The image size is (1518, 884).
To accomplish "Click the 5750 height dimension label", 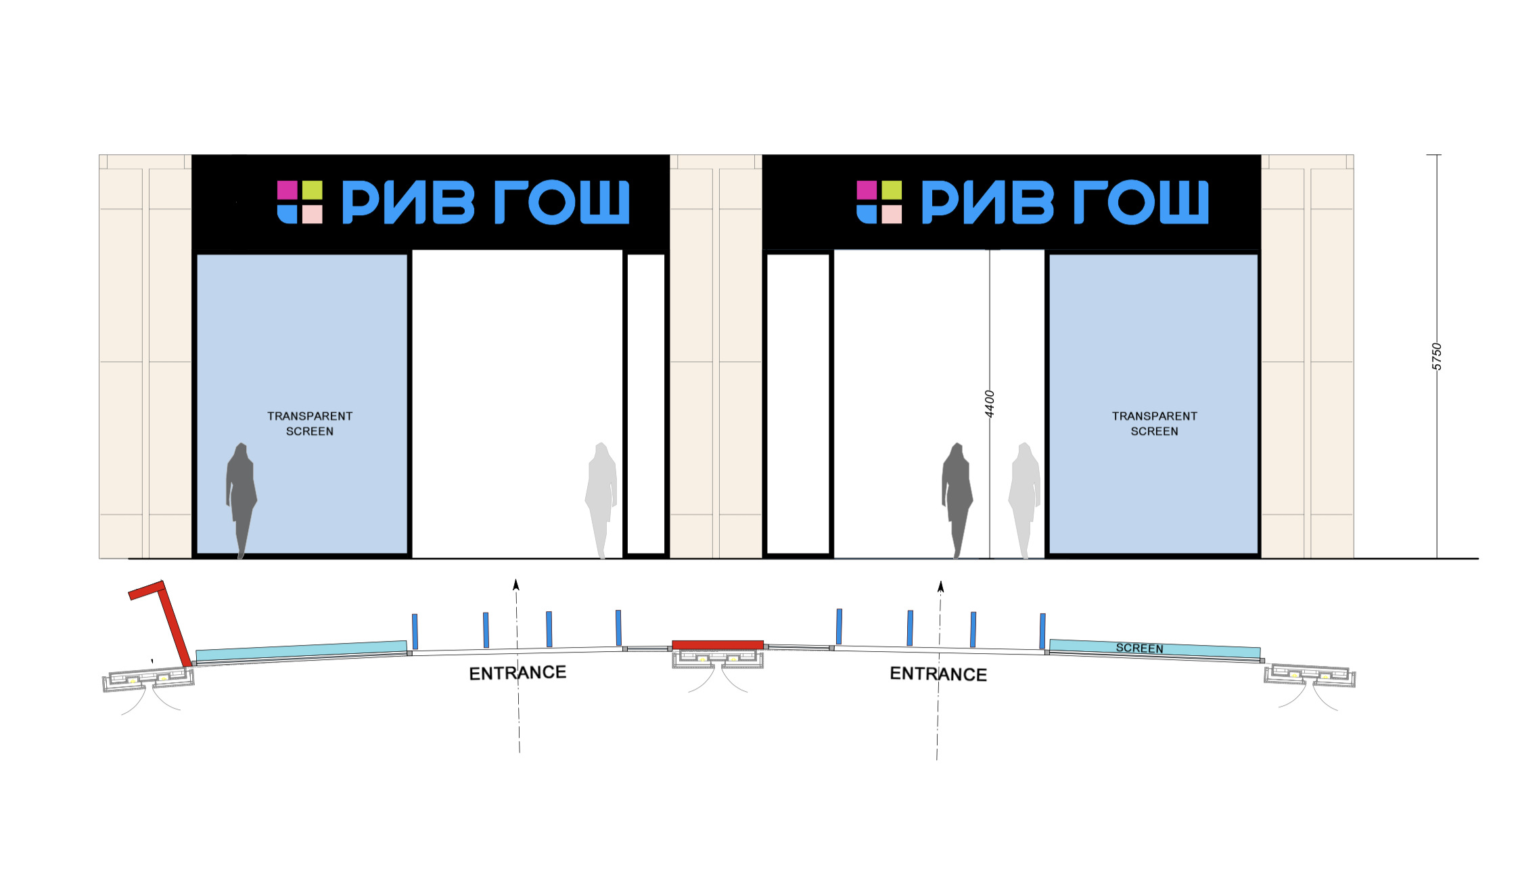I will click(1437, 357).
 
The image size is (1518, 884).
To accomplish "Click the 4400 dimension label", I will click(989, 404).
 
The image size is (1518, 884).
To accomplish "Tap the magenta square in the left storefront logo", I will click(287, 190).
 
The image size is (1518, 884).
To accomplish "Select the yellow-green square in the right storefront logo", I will click(892, 190).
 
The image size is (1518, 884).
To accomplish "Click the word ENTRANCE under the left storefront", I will click(517, 673).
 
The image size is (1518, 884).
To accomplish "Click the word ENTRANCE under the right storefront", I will click(938, 674).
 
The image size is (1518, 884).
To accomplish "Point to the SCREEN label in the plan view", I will click(1139, 648).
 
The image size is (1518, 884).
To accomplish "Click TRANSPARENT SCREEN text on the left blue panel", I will click(310, 424).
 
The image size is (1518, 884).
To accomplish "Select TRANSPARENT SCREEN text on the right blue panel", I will click(1154, 424).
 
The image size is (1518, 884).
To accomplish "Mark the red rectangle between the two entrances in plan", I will click(717, 645).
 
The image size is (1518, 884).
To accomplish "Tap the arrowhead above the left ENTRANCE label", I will click(516, 585).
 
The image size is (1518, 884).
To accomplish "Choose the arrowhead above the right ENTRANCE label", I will click(940, 586).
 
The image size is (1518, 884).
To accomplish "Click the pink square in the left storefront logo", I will click(312, 215).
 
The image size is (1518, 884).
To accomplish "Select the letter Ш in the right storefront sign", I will click(1184, 202).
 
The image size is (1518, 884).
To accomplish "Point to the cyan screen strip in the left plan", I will click(301, 651).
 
